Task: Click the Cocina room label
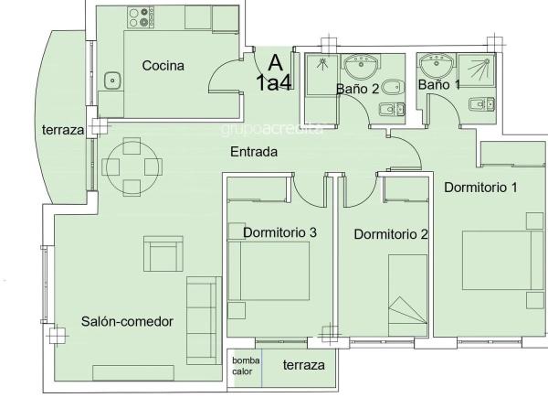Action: [163, 66]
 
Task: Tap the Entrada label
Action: [253, 152]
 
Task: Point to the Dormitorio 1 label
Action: [481, 188]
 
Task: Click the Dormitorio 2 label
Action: [391, 233]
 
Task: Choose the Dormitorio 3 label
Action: [279, 232]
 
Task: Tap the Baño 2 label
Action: [357, 89]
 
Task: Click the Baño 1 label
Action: [438, 84]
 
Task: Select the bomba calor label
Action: [244, 366]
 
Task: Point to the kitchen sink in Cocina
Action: [113, 80]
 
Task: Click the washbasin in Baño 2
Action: [364, 65]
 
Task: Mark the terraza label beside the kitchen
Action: [63, 131]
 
